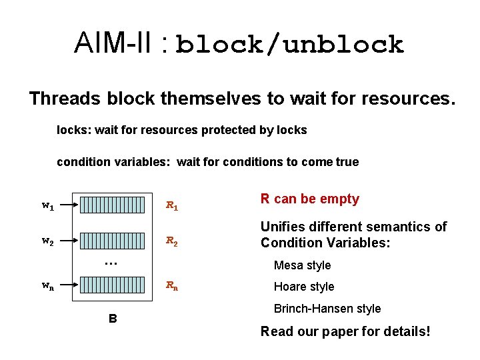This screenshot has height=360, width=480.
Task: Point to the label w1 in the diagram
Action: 47,206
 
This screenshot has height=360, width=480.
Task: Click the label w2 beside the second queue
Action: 47,241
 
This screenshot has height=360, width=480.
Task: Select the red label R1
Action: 172,206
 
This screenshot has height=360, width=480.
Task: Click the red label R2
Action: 172,241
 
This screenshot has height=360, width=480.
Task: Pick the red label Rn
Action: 172,287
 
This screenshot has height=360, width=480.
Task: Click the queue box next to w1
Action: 112,205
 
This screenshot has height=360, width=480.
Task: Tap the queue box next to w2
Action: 112,241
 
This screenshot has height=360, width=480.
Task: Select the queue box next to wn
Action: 112,286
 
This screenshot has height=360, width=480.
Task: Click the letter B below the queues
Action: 113,319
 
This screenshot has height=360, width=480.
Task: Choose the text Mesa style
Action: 303,265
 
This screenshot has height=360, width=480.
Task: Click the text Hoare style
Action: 304,287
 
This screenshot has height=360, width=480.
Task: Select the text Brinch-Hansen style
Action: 327,309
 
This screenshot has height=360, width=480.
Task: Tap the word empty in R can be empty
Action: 340,199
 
